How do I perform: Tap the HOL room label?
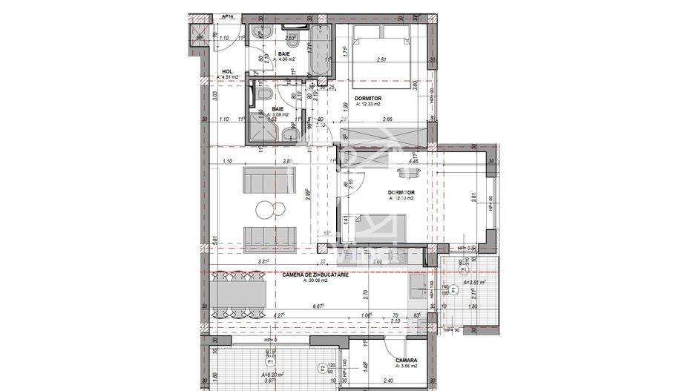coord(227,71)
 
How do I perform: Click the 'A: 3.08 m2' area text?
coord(281,114)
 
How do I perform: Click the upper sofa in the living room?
coord(270,179)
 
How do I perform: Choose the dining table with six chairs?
coord(239,296)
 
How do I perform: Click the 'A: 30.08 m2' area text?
coord(301,280)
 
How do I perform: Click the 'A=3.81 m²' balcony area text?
coord(473,283)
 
